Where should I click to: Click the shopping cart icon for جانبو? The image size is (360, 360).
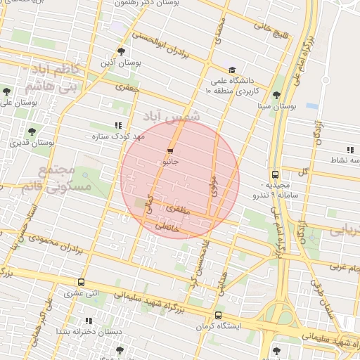click(x=170, y=151)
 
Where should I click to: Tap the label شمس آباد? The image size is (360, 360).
click(x=172, y=115)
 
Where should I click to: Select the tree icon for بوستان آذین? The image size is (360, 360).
click(x=121, y=51)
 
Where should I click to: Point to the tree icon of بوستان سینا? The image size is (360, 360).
click(x=276, y=95)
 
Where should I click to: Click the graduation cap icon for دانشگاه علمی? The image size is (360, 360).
click(x=232, y=70)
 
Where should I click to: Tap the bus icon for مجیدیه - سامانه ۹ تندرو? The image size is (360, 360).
click(x=274, y=175)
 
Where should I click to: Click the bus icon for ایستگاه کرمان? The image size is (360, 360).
click(x=218, y=316)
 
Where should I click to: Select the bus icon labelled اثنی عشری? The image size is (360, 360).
click(x=82, y=283)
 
